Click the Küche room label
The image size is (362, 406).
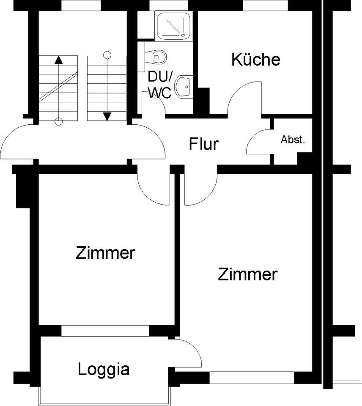pos(256,60)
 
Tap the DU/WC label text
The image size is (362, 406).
pos(159,85)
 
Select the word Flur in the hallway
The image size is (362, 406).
pos(203,144)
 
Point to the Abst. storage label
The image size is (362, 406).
pos(293,140)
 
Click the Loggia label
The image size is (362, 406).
pos(104,370)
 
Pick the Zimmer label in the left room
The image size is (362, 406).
pos(105,253)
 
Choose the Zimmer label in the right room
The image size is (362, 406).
pos(247,274)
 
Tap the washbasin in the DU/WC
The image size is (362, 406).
pos(184,87)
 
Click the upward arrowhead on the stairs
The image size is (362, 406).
pos(59,60)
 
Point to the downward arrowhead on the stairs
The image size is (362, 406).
pos(107,115)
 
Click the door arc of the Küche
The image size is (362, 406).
pos(241,95)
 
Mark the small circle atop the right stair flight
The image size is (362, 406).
pos(107,54)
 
